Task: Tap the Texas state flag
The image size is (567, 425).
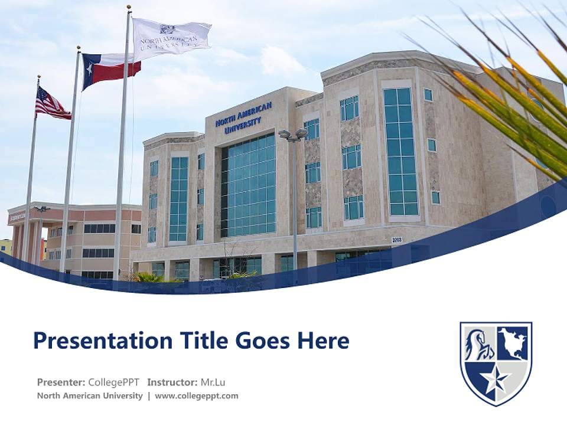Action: pos(110,68)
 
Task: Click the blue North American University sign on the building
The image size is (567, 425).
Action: pos(243,117)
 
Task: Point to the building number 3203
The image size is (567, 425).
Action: pos(397,240)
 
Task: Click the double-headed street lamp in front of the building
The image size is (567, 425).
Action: pos(293,135)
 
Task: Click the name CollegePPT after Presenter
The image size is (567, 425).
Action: pos(114,382)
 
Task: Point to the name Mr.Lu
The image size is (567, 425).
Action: pos(213,382)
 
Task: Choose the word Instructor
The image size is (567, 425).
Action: pos(171,382)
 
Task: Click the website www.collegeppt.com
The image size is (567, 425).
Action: pos(197,396)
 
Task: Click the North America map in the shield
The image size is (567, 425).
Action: pos(512,344)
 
